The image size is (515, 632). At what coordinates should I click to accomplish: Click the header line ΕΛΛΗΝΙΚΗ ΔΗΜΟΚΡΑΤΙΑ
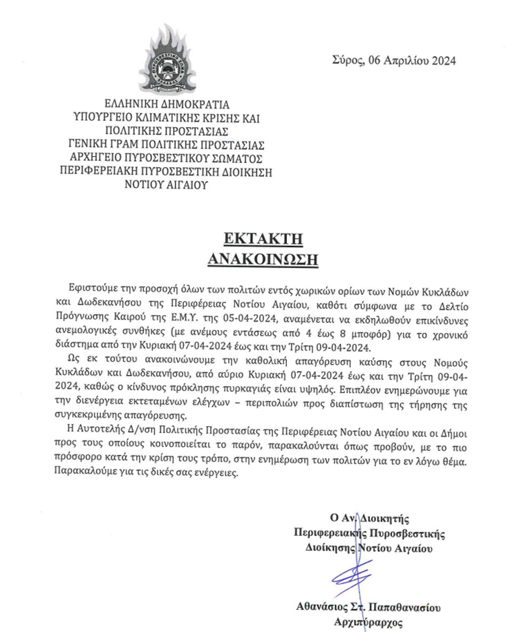pyautogui.click(x=163, y=106)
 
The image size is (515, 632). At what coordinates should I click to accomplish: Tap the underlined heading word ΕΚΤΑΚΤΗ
pyautogui.click(x=254, y=239)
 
